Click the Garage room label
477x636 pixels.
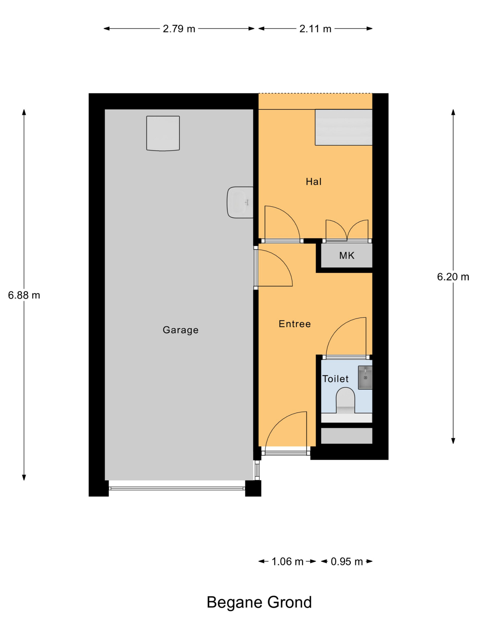(181, 330)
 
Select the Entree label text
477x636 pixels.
(295, 324)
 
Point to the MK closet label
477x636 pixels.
(347, 255)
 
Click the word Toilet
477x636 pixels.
(335, 379)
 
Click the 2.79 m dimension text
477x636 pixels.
(179, 29)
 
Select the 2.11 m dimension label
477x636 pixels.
(315, 29)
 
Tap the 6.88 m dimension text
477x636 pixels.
(24, 295)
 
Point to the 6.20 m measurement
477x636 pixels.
(453, 277)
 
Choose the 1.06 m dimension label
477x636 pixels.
(287, 561)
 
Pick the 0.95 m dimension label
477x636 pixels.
(347, 561)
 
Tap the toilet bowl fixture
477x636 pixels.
(345, 400)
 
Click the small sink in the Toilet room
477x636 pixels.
(365, 378)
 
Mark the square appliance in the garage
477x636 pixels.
(163, 133)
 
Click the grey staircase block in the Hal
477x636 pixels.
(344, 127)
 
